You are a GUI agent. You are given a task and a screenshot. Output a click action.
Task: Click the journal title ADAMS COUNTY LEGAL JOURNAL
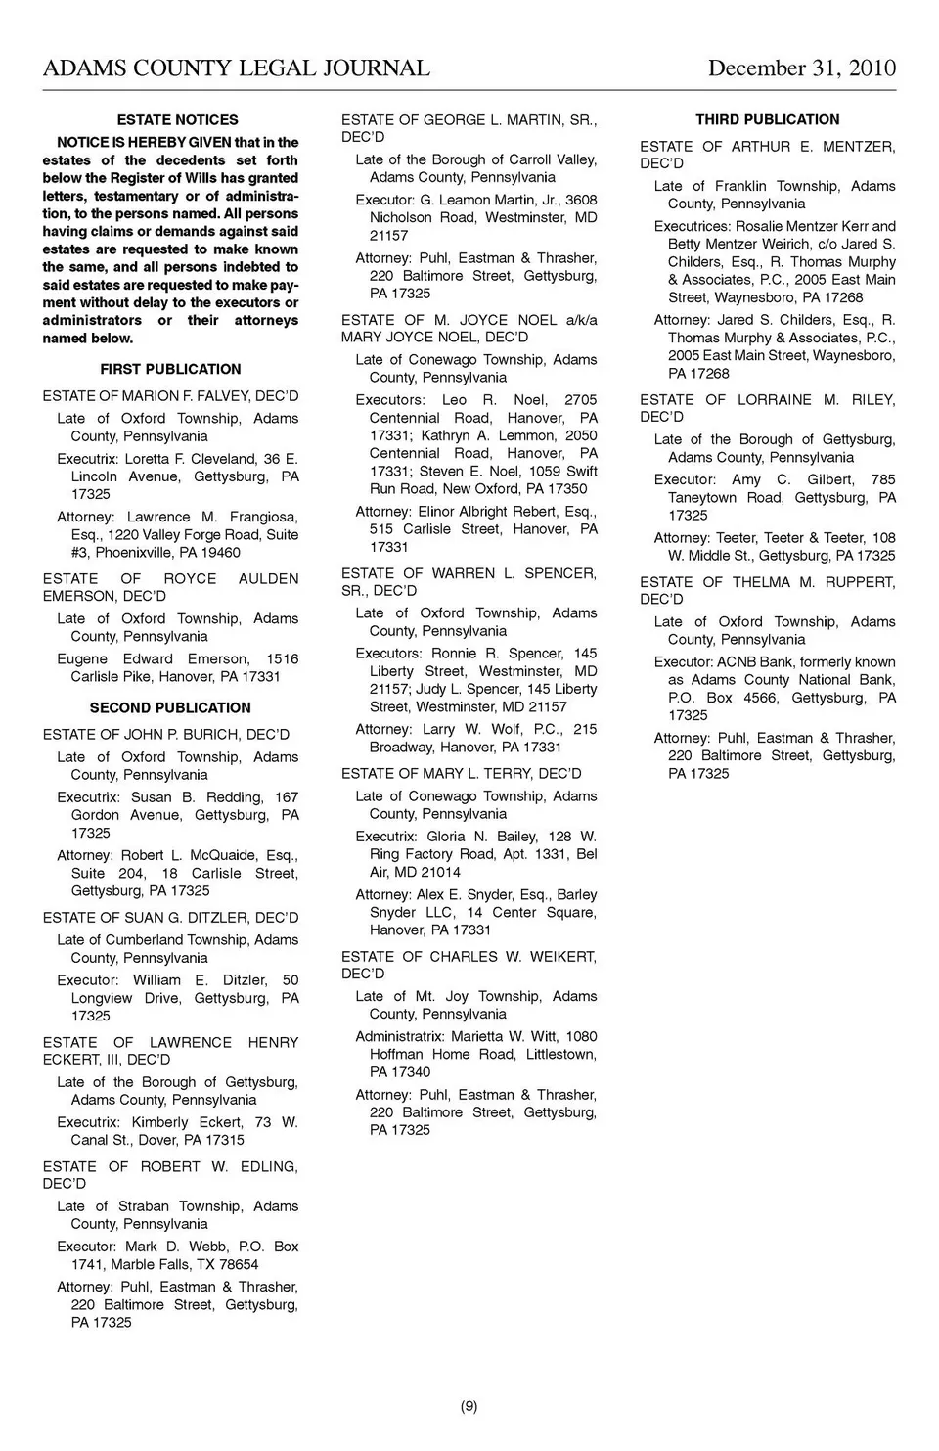pos(236,68)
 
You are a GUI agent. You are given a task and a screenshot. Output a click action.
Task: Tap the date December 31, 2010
pos(801,68)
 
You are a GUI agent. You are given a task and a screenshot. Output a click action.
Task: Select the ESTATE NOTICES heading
pos(177,120)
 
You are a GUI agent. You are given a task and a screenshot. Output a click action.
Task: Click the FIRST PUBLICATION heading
pos(170,370)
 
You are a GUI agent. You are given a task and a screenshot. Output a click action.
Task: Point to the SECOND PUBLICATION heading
pos(170,708)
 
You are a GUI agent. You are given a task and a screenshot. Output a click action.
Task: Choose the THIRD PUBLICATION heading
pos(767,120)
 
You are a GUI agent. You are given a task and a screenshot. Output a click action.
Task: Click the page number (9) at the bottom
pos(469,1407)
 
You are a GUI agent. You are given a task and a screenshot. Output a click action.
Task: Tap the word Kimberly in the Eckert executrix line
pos(159,1123)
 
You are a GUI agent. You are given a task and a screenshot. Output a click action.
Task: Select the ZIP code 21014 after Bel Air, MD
pos(440,873)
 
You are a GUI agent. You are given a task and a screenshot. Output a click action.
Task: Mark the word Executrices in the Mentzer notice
pos(693,227)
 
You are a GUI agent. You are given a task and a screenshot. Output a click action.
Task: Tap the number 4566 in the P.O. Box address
pos(763,699)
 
